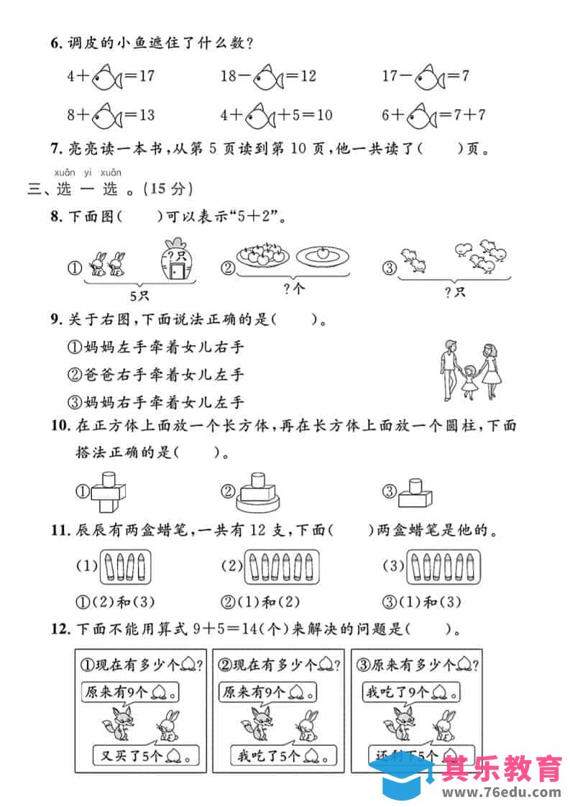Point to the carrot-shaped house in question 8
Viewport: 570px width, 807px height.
(175, 261)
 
